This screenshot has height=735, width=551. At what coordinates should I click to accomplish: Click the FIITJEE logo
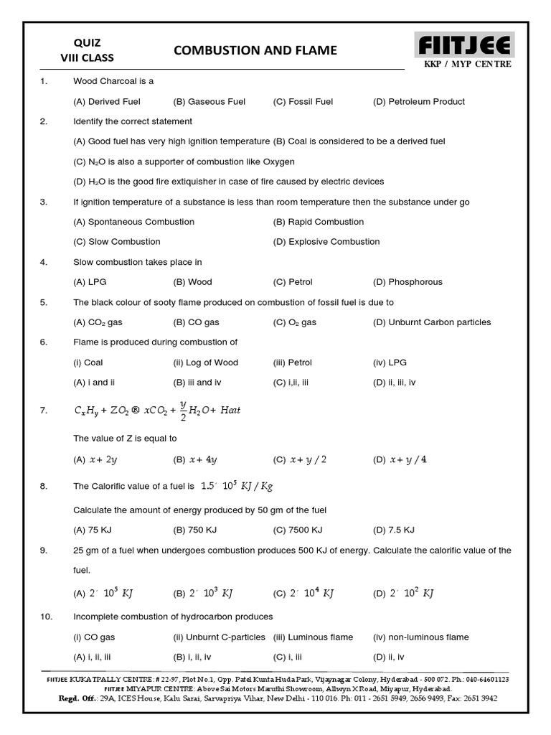(466, 46)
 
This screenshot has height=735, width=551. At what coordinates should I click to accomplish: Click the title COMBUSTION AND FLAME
(255, 50)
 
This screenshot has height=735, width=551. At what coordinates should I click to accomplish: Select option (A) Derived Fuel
(107, 101)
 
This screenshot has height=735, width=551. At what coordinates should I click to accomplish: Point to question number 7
(44, 411)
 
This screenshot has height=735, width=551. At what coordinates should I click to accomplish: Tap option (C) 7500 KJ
(298, 530)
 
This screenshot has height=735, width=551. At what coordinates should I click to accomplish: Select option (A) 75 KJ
(92, 530)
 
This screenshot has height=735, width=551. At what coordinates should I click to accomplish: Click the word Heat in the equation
(230, 411)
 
